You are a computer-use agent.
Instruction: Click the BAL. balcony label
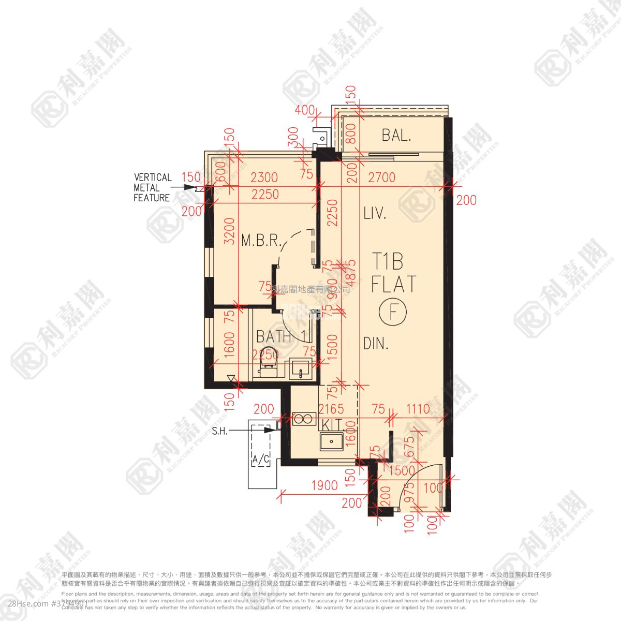tap(396, 136)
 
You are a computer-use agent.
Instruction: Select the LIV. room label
tap(375, 214)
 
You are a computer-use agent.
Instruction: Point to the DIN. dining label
tap(375, 343)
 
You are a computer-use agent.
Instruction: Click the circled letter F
tap(393, 312)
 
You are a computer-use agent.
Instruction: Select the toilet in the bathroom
tap(269, 369)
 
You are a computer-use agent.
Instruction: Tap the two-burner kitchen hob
tap(304, 419)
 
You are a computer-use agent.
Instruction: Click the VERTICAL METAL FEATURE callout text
tap(152, 187)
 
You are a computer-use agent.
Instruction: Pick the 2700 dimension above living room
tap(381, 178)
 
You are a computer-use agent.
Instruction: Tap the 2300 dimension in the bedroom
tap(264, 178)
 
